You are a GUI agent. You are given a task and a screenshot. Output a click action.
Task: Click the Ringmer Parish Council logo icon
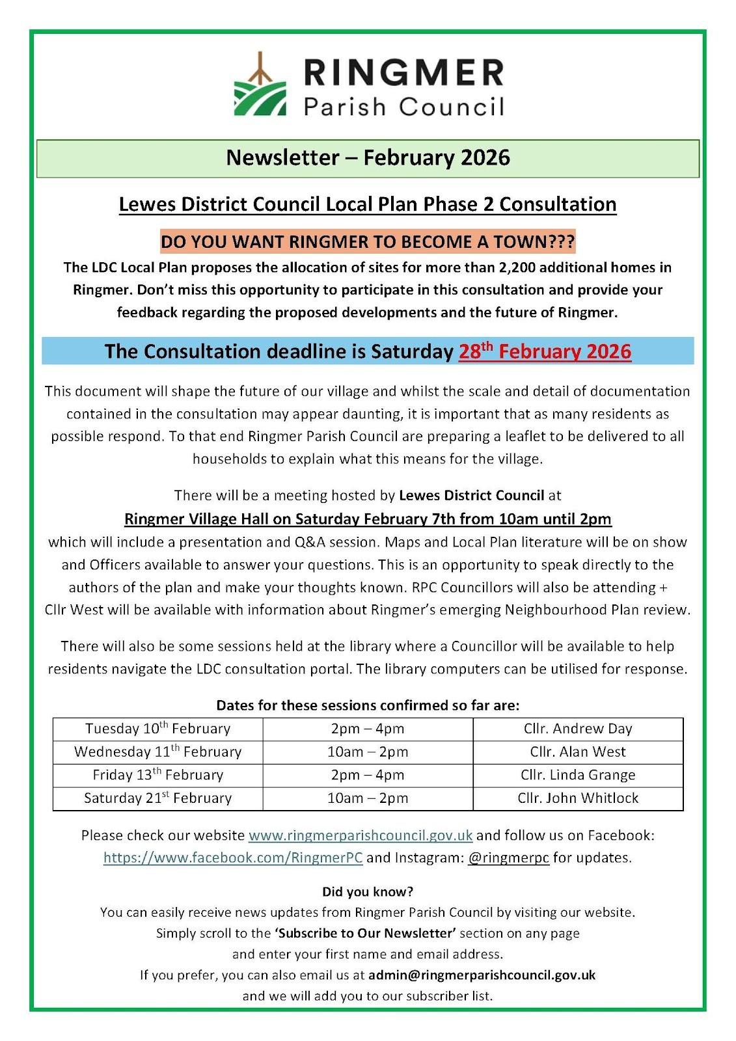[260, 87]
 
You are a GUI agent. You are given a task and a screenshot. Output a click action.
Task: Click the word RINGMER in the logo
[403, 72]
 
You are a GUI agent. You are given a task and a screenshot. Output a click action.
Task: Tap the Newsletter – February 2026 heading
[368, 158]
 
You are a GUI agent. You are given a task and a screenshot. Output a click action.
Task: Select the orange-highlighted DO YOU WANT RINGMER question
[368, 242]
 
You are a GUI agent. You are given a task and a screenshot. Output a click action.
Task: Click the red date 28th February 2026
[545, 351]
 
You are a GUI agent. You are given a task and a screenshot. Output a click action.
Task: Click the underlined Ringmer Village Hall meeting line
[368, 519]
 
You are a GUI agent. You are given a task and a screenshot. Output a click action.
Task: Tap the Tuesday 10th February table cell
[158, 729]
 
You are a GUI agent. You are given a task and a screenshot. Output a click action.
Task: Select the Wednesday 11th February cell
[158, 752]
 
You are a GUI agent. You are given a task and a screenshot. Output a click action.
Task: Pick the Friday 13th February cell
[158, 775]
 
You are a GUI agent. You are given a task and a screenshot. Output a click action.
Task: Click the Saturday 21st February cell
[158, 798]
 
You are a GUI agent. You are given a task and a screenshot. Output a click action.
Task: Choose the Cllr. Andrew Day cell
[578, 729]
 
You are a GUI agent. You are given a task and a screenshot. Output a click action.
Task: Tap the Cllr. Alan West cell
[578, 752]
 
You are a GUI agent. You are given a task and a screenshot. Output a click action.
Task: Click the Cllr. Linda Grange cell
[578, 775]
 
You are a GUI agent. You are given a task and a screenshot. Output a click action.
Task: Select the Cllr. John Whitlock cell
[578, 798]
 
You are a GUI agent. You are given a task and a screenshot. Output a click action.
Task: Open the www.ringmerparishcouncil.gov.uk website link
[361, 835]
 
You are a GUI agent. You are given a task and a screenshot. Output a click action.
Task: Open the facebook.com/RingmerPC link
[233, 858]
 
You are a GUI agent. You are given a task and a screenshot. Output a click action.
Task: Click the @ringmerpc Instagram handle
[508, 858]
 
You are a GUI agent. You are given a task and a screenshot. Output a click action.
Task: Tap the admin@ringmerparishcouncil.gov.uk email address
[482, 975]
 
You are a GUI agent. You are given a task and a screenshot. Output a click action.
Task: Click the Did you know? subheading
[368, 891]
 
